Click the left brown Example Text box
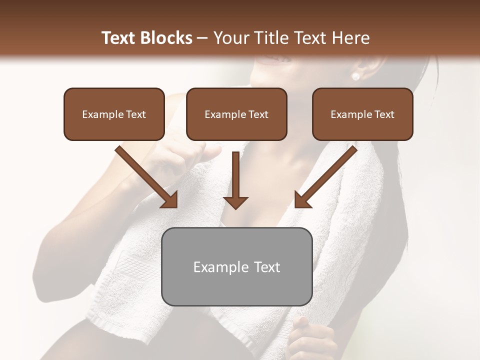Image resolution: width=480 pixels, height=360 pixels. pyautogui.click(x=114, y=114)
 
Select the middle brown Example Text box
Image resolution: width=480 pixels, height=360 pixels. pyautogui.click(x=236, y=114)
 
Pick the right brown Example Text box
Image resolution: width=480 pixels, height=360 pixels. pyautogui.click(x=362, y=114)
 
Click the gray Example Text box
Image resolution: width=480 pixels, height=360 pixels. pyautogui.click(x=236, y=266)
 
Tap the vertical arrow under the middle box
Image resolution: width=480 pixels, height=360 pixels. pyautogui.click(x=235, y=180)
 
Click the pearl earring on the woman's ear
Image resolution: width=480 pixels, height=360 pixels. pyautogui.click(x=356, y=76)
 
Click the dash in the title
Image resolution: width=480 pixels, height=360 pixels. pyautogui.click(x=202, y=37)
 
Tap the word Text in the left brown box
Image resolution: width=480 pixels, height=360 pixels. pyautogui.click(x=136, y=114)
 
